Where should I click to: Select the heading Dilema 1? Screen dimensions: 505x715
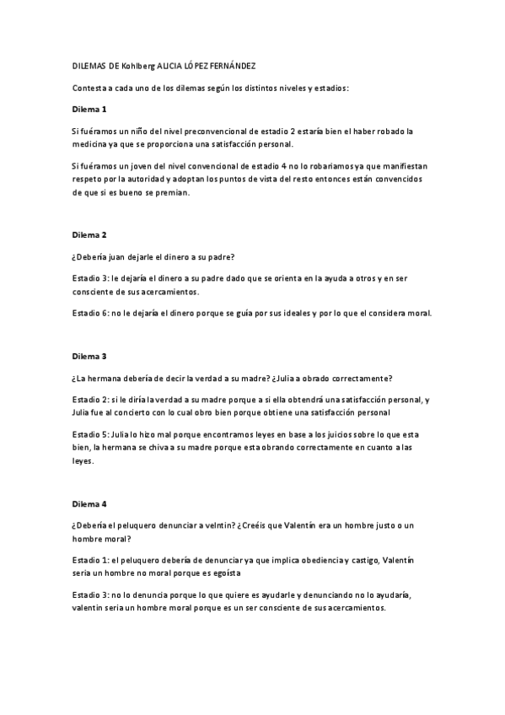[89, 110]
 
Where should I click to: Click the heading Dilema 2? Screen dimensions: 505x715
[89, 234]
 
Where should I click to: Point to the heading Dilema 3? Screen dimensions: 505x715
[89, 357]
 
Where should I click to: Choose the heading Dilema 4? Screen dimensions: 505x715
[89, 504]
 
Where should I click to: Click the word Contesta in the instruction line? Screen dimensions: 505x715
[90, 88]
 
